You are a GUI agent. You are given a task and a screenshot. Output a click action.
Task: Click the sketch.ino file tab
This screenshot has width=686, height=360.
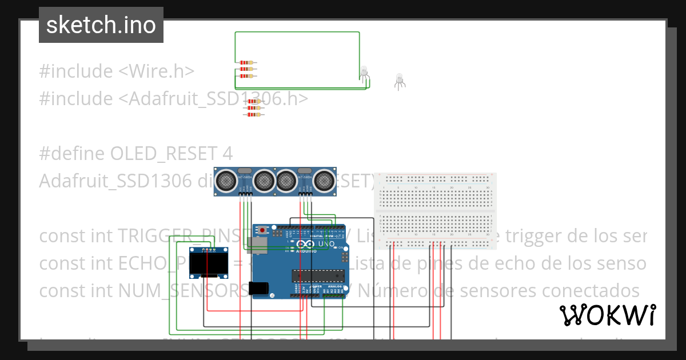pyautogui.click(x=101, y=25)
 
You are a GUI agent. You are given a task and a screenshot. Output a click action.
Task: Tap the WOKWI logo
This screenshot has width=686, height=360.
pyautogui.click(x=607, y=315)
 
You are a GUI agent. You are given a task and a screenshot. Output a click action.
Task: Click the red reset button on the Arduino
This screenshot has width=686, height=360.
pyautogui.click(x=263, y=230)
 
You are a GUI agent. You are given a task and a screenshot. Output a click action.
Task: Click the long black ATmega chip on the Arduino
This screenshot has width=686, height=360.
pyautogui.click(x=318, y=276)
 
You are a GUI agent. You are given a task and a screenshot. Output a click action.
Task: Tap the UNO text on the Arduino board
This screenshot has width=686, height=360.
pyautogui.click(x=326, y=244)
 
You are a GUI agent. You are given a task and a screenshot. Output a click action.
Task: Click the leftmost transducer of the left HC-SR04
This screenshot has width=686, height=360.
pyautogui.click(x=226, y=181)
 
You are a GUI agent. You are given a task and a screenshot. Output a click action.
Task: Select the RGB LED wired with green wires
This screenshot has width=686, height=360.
pyautogui.click(x=364, y=72)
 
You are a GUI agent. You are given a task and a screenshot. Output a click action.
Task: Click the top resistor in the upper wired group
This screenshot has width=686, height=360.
pyautogui.click(x=246, y=62)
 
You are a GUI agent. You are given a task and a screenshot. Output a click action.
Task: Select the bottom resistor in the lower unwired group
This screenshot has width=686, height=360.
pyautogui.click(x=253, y=114)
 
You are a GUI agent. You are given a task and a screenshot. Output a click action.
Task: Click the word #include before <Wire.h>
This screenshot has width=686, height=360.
pyautogui.click(x=76, y=71)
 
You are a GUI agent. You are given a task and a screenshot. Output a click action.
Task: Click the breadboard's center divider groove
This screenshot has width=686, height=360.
pyautogui.click(x=434, y=211)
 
